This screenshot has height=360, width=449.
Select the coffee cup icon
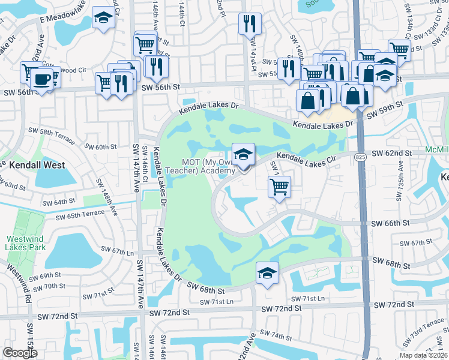tap(41, 79)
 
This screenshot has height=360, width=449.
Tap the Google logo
tap(20, 353)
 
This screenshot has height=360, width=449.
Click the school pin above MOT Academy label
tap(243, 155)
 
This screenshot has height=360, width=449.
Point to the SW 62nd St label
tap(392, 154)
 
